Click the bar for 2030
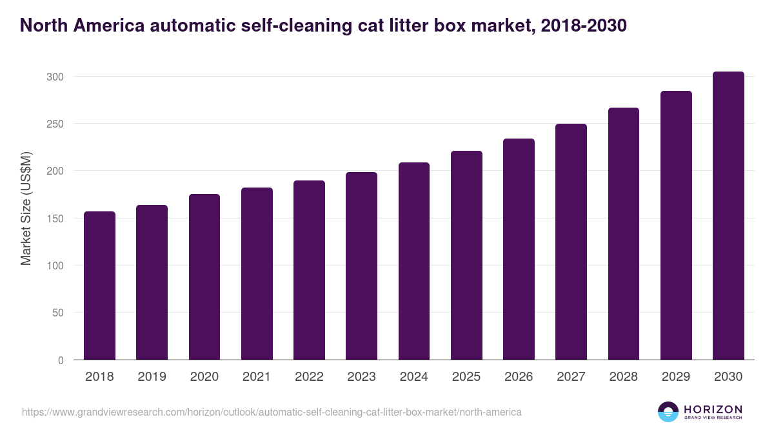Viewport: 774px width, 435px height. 728,216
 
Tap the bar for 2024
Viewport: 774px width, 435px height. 414,261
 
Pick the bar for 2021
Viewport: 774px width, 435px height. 257,274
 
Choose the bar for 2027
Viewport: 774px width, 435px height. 571,242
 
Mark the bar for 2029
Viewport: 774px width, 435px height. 676,226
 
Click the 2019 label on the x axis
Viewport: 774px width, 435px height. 152,377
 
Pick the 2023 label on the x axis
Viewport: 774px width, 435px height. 361,377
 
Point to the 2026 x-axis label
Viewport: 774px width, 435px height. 519,377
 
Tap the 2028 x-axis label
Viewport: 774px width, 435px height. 623,377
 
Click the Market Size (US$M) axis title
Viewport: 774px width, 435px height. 26,208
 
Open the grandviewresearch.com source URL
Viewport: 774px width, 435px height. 272,411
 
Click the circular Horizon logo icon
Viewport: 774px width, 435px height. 668,412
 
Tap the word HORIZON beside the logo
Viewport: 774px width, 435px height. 713,409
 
